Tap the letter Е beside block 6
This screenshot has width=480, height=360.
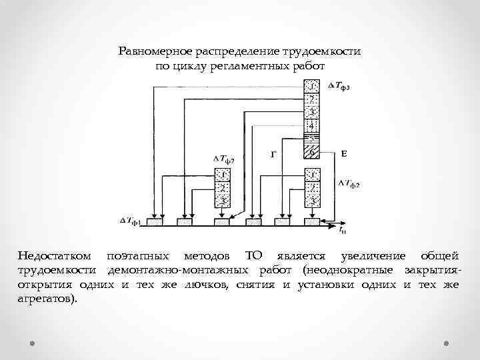pyautogui.click(x=343, y=154)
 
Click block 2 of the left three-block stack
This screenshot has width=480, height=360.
pyautogui.click(x=223, y=187)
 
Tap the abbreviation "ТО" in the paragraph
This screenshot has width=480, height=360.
pyautogui.click(x=254, y=256)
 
